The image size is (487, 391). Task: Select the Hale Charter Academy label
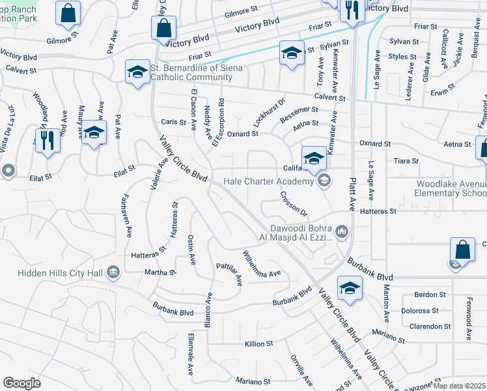point(268,181)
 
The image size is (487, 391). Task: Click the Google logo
point(21,383)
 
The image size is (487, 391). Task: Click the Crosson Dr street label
point(293,203)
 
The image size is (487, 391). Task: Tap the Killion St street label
point(258,343)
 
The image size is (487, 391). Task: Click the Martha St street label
point(160,272)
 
